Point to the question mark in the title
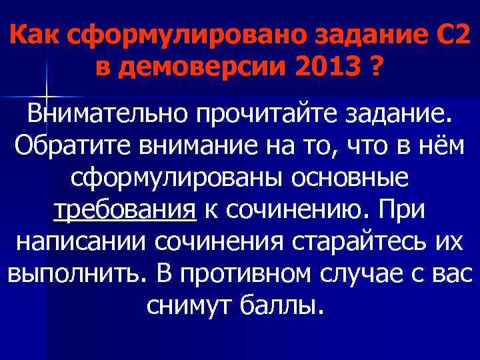tap(378, 67)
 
